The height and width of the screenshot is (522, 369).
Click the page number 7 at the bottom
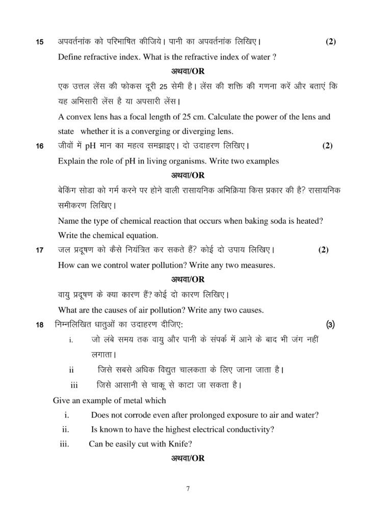click(188, 489)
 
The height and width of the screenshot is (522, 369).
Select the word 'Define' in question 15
click(73, 57)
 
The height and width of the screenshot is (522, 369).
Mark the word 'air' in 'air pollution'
click(151, 310)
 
